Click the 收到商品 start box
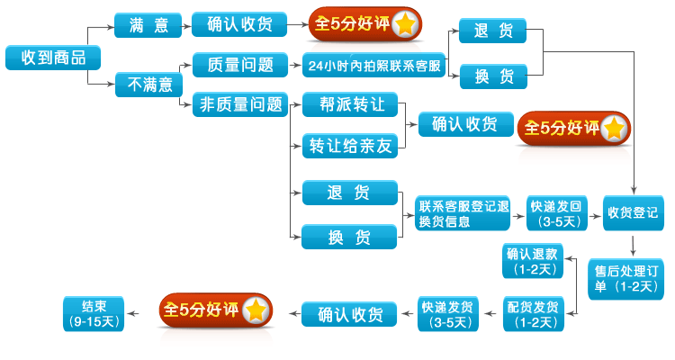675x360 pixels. [x=52, y=58]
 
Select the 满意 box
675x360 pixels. [x=148, y=25]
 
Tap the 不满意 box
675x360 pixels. [x=148, y=85]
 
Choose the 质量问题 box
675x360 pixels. [x=238, y=65]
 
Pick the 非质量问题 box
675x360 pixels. [x=238, y=105]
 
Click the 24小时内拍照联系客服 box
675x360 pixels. [x=374, y=66]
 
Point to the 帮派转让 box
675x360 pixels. [x=349, y=104]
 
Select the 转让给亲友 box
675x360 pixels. [x=349, y=145]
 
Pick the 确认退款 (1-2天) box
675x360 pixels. [x=533, y=261]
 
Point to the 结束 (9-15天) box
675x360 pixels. [x=94, y=311]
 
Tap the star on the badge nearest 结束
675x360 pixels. [x=256, y=310]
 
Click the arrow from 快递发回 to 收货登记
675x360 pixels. [x=597, y=214]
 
